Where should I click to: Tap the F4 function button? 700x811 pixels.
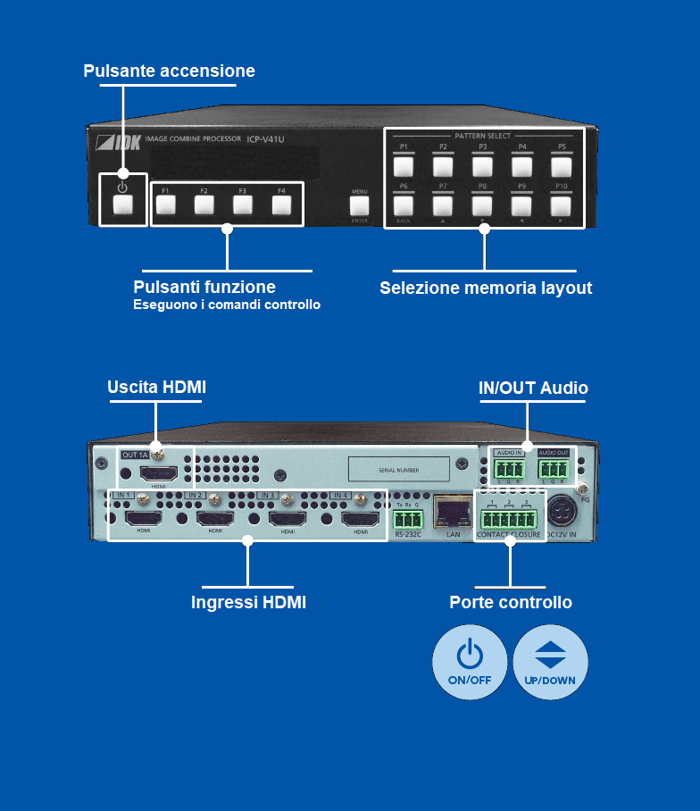click(x=282, y=205)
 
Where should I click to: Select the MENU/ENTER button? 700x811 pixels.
click(x=359, y=205)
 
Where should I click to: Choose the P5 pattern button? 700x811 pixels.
click(x=561, y=165)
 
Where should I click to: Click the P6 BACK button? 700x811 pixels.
click(x=404, y=205)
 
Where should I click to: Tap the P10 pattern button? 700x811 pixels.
click(x=561, y=205)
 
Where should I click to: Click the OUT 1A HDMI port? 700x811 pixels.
click(x=158, y=472)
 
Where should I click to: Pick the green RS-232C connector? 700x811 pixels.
click(x=408, y=519)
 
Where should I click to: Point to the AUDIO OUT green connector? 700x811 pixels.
click(x=554, y=469)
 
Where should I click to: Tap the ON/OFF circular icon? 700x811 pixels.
click(x=470, y=661)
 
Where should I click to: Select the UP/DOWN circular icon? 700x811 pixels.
click(x=550, y=661)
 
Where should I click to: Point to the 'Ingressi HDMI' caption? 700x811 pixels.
click(x=248, y=603)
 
